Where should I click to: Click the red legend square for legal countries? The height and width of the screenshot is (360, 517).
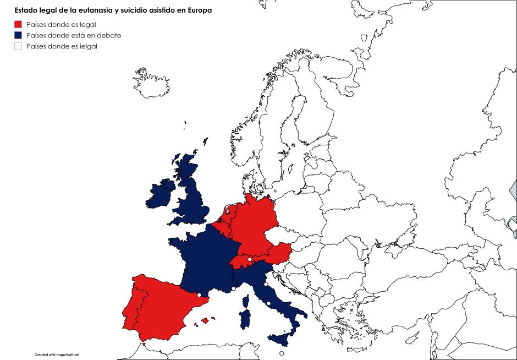coord(18,24)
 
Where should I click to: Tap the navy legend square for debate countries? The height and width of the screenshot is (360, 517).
coord(18,35)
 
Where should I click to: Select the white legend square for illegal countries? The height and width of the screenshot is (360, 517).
coord(18,46)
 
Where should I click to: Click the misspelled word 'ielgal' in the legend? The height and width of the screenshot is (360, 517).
coord(87,46)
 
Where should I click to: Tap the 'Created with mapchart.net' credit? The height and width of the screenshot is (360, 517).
coord(57,354)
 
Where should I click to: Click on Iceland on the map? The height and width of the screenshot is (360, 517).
coord(150,83)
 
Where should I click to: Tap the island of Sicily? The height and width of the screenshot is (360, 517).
coord(281,340)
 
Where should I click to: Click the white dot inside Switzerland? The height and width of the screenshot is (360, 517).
coord(250,259)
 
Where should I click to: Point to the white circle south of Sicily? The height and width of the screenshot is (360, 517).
coord(282,353)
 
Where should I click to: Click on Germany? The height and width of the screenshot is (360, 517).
coord(253,220)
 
